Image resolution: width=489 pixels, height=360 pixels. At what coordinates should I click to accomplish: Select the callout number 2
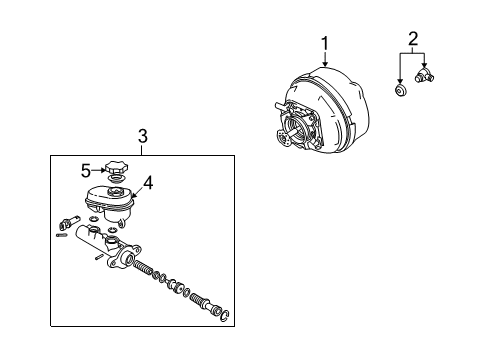click(411, 40)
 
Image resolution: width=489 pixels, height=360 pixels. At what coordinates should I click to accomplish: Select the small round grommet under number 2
click(399, 92)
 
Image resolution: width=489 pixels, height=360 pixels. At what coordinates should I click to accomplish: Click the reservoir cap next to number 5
click(116, 169)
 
